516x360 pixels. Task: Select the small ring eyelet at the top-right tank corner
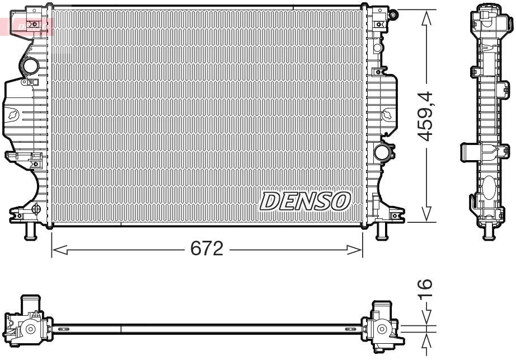[393, 13]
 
